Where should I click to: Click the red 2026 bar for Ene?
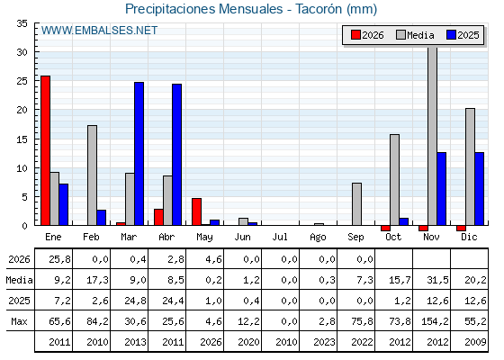pos(45,150)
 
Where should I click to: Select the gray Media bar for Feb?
pos(92,175)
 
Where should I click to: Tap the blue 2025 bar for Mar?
pos(139,154)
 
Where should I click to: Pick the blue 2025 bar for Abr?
pos(176,155)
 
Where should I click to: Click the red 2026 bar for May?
pos(197,211)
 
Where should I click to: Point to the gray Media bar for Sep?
pos(356,204)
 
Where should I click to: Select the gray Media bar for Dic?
pos(470,166)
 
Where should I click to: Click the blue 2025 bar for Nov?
pos(442,189)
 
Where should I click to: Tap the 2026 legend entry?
pos(367,35)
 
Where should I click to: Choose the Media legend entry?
pos(415,35)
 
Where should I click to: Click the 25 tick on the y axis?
pos(22,81)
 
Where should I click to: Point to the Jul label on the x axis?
pos(280,237)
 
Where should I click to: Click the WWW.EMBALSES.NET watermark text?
pos(99,31)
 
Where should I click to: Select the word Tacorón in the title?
pos(319,9)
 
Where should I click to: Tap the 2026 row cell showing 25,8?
pos(59,259)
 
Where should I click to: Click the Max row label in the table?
pos(19,321)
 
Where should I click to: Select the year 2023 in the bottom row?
pos(324,342)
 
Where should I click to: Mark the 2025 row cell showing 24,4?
pos(173,301)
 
